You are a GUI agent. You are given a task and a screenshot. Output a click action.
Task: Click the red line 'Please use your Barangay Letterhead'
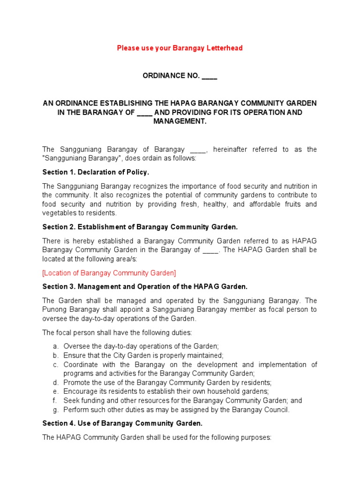180,48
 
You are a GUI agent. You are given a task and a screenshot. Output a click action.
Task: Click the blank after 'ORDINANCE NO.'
209,76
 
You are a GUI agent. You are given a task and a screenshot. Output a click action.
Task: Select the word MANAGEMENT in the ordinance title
180,121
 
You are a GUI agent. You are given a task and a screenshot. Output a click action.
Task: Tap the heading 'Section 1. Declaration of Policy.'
96,172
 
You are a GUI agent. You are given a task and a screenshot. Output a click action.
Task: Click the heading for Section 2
140,227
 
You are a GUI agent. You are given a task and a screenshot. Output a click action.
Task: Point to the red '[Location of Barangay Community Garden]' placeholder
109,272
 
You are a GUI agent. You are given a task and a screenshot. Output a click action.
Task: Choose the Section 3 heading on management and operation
145,286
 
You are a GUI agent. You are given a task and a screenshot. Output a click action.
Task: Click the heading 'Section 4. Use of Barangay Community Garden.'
122,423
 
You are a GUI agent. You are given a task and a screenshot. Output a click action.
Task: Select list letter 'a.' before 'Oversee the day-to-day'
55,346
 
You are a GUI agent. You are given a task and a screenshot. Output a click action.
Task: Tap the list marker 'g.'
55,410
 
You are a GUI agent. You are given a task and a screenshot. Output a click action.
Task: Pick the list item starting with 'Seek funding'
183,401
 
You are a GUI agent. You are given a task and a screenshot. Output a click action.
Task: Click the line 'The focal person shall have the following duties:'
117,332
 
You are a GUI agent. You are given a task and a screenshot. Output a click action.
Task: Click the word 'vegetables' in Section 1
58,213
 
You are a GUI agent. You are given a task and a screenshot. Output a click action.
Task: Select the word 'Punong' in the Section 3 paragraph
53,309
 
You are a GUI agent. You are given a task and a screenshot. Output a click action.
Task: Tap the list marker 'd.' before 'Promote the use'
55,382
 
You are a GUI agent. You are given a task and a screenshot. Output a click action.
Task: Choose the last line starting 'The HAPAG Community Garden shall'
157,437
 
